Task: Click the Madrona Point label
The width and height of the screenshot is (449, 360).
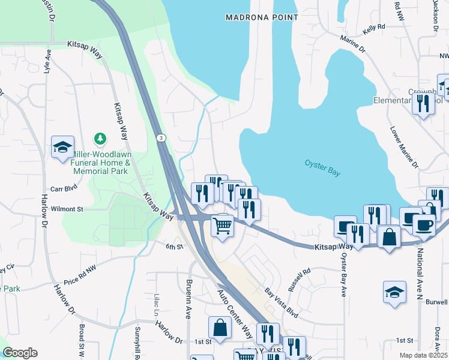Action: [x=262, y=17]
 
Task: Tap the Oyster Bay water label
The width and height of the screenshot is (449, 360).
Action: [x=322, y=168]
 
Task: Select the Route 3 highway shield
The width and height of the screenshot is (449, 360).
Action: [x=161, y=138]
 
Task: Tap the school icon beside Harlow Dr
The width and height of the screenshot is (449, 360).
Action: [x=62, y=147]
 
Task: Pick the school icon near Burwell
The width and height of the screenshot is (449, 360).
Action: [x=394, y=292]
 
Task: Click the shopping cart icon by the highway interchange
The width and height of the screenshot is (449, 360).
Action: [x=222, y=226]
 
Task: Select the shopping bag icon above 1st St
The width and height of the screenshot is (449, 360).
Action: [x=220, y=328]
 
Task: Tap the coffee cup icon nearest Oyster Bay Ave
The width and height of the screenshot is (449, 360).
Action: [x=345, y=227]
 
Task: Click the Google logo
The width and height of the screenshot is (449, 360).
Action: [x=20, y=353]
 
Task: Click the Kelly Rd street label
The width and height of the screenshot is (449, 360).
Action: [x=373, y=29]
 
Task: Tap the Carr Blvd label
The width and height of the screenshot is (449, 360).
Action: [x=64, y=188]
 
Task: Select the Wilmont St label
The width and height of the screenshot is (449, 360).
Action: [x=67, y=209]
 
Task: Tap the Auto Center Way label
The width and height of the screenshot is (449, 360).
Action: [x=235, y=313]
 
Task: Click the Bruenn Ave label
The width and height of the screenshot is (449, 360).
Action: [x=188, y=298]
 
